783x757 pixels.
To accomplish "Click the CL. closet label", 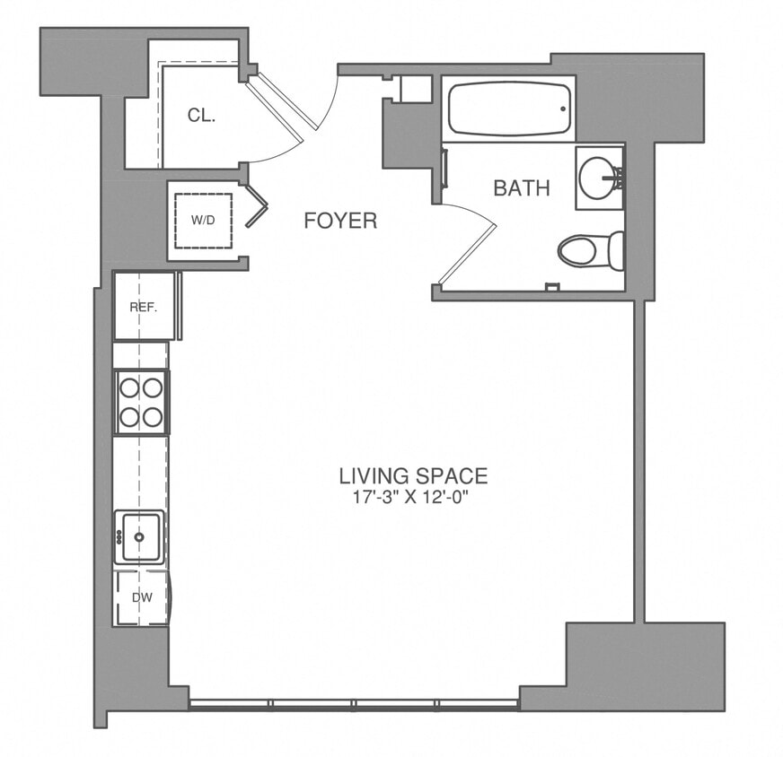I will (x=200, y=115).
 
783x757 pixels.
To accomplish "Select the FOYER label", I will (x=339, y=221).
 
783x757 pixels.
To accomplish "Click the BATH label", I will (x=521, y=188).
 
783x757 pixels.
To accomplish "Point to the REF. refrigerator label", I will (x=143, y=307).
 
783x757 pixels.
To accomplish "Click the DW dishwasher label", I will (x=141, y=596).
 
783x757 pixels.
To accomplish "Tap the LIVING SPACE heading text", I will (x=412, y=475).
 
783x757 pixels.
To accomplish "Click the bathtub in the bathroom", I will (x=507, y=109).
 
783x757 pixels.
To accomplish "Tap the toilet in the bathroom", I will (x=588, y=250).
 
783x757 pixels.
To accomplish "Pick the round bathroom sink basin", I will (x=596, y=178).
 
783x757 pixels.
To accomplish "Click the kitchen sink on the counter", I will (x=139, y=536).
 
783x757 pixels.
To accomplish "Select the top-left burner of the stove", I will (x=128, y=387).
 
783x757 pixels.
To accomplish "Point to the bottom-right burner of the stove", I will (x=153, y=416).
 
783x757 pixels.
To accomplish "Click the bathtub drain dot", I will (x=563, y=109).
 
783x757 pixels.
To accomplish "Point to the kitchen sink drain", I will (x=139, y=536).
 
